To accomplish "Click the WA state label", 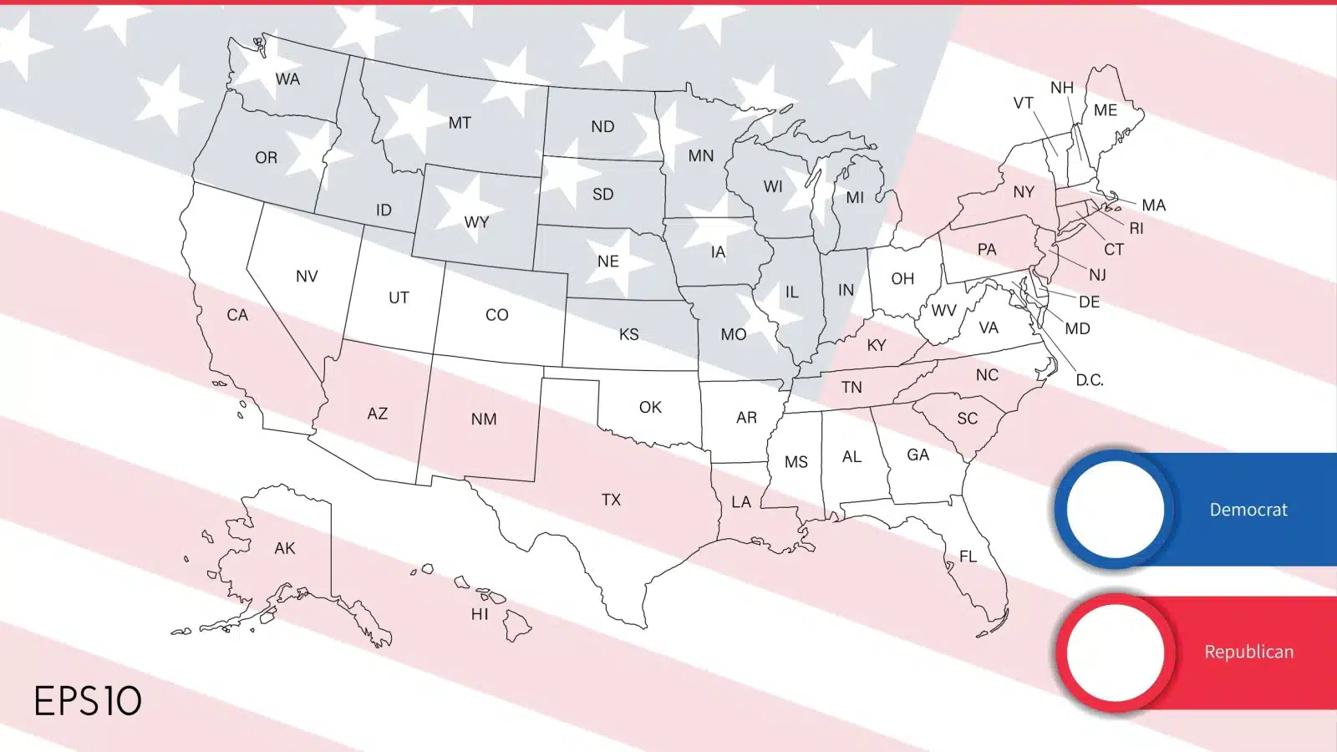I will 287,79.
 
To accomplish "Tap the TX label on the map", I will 611,500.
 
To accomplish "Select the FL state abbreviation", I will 968,556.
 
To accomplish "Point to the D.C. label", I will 1089,380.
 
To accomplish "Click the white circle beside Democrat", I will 1115,509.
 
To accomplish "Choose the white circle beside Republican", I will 1115,652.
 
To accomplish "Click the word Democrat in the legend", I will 1248,510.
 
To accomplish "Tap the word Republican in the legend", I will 1248,652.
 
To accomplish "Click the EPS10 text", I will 88,701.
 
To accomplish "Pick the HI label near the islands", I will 480,614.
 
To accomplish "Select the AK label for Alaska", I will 285,548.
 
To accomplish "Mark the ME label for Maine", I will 1105,110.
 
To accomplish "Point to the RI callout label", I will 1136,228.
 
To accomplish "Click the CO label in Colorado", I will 496,315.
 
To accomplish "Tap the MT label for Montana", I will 460,123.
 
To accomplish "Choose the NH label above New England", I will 1062,88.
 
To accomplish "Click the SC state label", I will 967,419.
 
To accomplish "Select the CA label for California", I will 237,315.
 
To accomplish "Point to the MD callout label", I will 1077,328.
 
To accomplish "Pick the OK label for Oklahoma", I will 650,407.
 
